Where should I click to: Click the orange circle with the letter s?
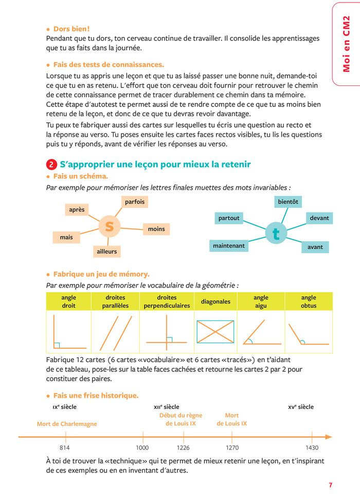[109, 226]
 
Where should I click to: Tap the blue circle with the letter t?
[276, 234]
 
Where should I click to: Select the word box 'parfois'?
[135, 202]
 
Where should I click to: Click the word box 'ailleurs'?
[106, 252]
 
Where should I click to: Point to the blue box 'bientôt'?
[288, 202]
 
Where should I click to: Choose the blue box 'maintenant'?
[229, 246]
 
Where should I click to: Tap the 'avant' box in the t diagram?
[315, 247]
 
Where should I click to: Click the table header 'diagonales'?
[215, 301]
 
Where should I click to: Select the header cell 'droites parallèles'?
[115, 301]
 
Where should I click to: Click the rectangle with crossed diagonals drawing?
[215, 332]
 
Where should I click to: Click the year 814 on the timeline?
[66, 448]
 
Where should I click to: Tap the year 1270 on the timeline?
[232, 448]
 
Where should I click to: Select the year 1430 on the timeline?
[312, 448]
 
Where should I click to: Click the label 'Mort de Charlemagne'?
[67, 424]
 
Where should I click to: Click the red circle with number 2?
[51, 165]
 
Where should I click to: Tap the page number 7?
[331, 485]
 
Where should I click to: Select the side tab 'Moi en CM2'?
[346, 44]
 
